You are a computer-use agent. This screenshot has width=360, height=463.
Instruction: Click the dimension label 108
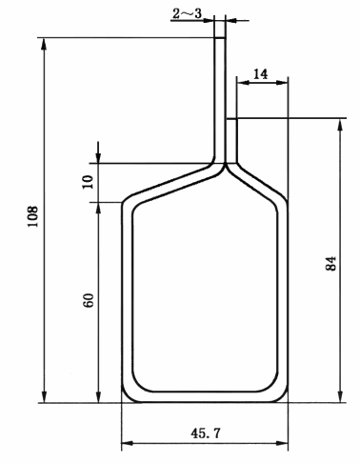point(33,216)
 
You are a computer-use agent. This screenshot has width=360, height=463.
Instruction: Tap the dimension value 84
point(330,263)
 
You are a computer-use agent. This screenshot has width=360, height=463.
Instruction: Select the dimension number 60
point(89,300)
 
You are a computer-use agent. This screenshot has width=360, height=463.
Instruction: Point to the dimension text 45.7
point(205,433)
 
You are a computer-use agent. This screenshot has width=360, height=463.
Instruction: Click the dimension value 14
point(261,74)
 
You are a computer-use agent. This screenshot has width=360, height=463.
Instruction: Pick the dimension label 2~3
point(187,13)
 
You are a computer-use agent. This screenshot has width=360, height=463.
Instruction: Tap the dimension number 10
point(89,182)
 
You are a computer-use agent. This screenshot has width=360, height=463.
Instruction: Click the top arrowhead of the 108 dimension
point(44,44)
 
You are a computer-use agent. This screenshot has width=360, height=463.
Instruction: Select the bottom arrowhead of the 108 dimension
point(44,396)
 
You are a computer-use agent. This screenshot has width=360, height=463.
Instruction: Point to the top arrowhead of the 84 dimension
point(340,125)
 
